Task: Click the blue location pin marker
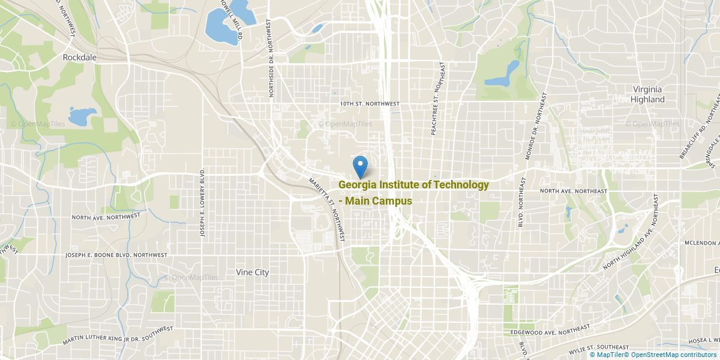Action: pos(360,166)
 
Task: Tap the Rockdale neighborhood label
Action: pos(80,58)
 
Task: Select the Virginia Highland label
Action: pos(648,94)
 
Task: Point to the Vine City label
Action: pos(253,272)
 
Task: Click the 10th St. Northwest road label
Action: pos(369,104)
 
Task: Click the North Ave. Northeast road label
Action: pos(573,191)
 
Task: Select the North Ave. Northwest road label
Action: pos(106,216)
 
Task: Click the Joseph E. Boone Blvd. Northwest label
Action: pos(116,255)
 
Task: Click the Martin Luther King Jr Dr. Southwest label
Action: pos(118,335)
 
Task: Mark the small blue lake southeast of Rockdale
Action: pos(79,116)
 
